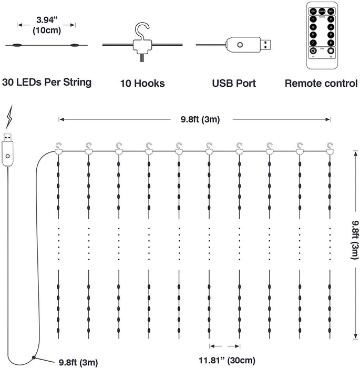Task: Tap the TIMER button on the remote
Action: [x=322, y=11]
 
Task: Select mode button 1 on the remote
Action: [x=313, y=19]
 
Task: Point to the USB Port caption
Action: [x=234, y=83]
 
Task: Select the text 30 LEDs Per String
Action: [x=47, y=83]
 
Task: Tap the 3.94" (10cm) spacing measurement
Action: [x=47, y=25]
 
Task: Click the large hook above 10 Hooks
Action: [x=141, y=30]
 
